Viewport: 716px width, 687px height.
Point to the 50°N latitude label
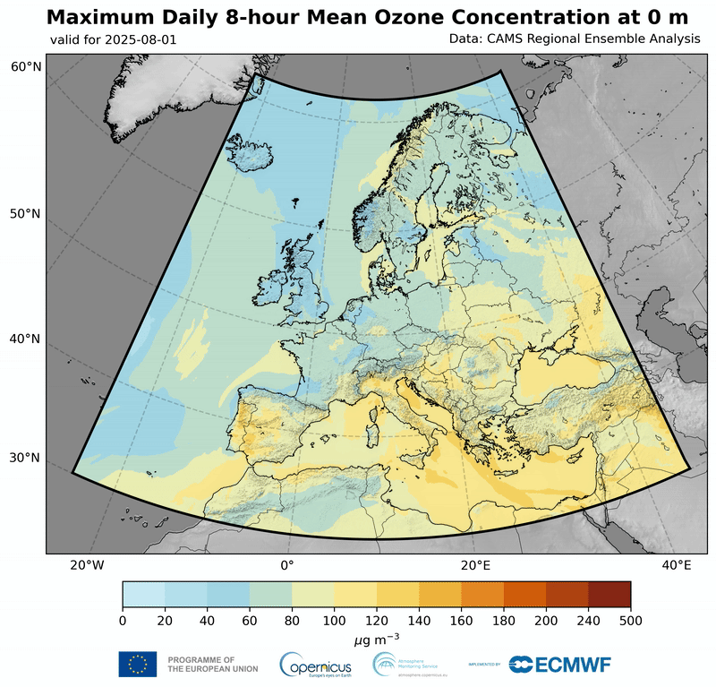coord(26,214)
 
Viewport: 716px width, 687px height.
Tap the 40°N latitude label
coord(26,339)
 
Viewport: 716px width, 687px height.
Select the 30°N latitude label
coord(26,458)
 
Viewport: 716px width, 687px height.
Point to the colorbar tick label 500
coord(630,620)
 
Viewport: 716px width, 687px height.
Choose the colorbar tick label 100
coord(334,620)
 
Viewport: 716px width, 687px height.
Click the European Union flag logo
coord(137,664)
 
